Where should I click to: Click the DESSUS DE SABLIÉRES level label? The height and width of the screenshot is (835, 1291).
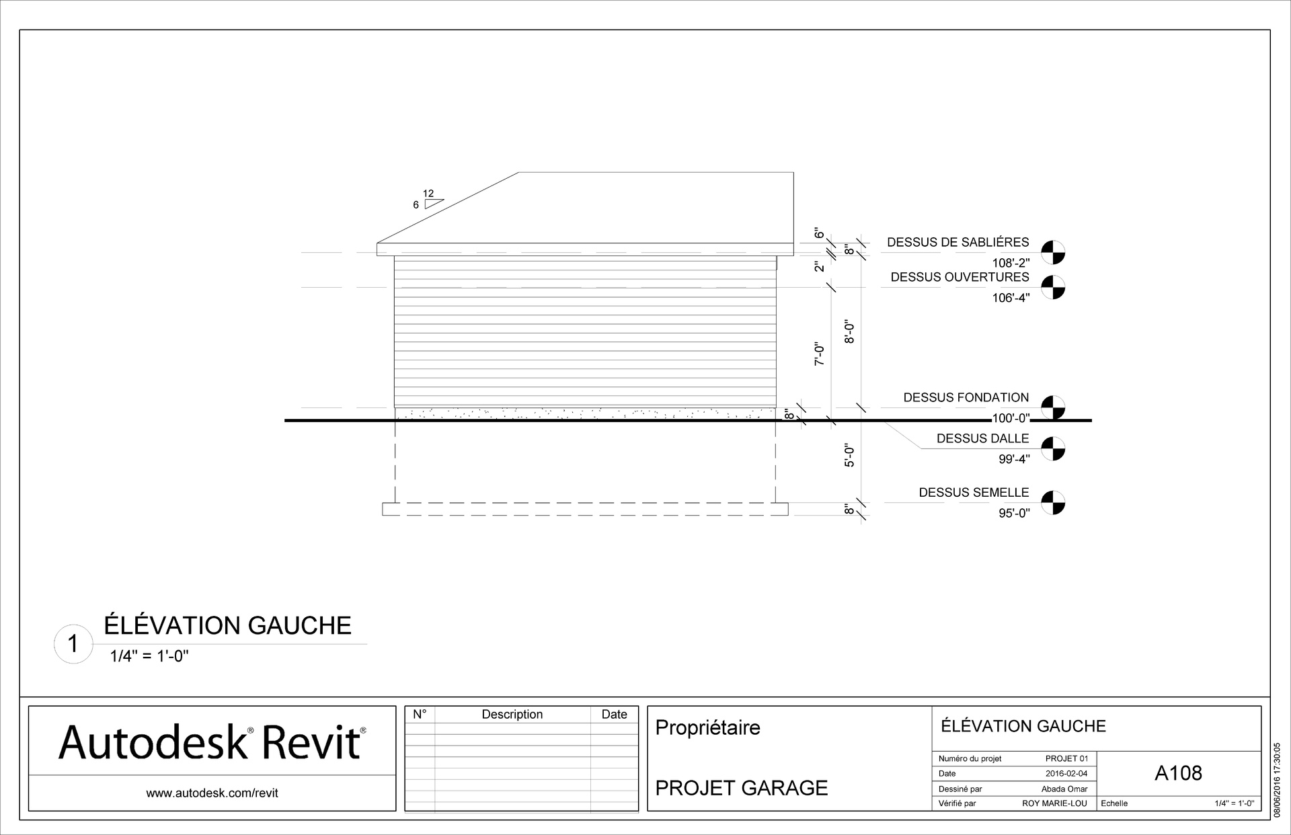tap(957, 242)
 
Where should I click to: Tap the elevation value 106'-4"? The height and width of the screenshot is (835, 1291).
tap(1011, 298)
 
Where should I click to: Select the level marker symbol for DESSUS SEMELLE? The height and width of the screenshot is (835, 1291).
tap(1053, 502)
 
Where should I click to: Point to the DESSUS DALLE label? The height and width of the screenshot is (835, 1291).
tap(982, 439)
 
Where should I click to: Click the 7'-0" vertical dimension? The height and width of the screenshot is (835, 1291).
tap(819, 354)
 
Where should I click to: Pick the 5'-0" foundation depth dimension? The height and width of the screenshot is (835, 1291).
tap(849, 456)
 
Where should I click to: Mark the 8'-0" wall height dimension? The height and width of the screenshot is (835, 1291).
tap(849, 332)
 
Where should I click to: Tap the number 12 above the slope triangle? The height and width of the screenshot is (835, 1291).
tap(428, 194)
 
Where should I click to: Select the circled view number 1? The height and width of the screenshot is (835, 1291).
tap(73, 645)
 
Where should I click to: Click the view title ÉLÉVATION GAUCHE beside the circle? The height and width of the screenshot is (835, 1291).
tap(227, 626)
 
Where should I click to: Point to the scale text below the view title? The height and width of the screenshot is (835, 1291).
tap(149, 657)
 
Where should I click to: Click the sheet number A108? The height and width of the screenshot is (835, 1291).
tap(1178, 773)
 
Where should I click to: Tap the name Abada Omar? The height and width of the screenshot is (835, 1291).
tap(1064, 789)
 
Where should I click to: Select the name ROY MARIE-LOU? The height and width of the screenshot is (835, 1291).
tap(1054, 803)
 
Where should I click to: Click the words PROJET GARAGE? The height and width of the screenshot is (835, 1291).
tap(741, 788)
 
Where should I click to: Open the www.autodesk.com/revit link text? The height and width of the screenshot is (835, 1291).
tap(212, 793)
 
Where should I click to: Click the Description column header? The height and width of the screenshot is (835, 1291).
tap(512, 715)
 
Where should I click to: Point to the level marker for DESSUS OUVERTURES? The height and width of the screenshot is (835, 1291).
tap(1053, 287)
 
